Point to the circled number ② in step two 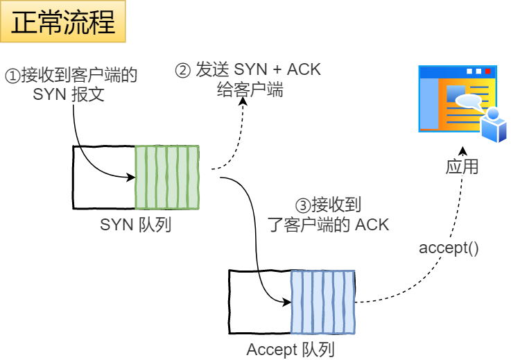click(182, 70)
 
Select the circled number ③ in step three click(302, 206)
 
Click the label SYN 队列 click(136, 225)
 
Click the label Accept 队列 click(291, 349)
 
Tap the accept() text click(449, 248)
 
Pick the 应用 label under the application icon click(462, 167)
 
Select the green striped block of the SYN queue click(167, 177)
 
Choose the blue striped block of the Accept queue click(323, 301)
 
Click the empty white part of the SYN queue click(104, 177)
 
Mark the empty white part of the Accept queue click(260, 301)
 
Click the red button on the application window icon click(488, 71)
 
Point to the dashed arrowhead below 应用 click(465, 151)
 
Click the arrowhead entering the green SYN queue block click(131, 178)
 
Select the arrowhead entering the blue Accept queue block click(286, 302)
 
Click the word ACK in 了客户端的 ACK click(372, 225)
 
